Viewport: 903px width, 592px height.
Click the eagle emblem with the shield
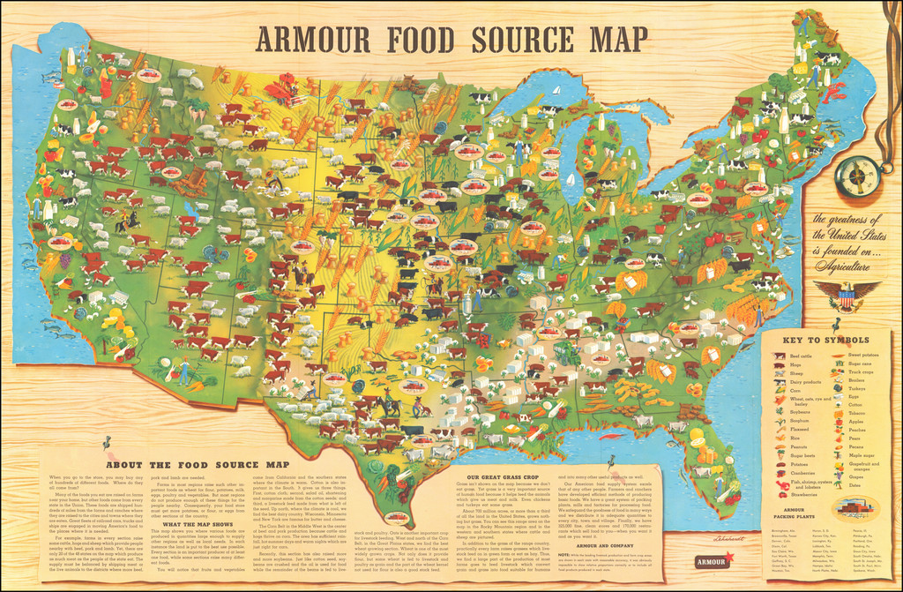pyautogui.click(x=845, y=296)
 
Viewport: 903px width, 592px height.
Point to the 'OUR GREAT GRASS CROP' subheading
pyautogui.click(x=505, y=477)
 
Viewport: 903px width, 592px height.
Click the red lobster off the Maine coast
pyautogui.click(x=837, y=89)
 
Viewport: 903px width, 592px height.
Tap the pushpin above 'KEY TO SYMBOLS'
pyautogui.click(x=828, y=323)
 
